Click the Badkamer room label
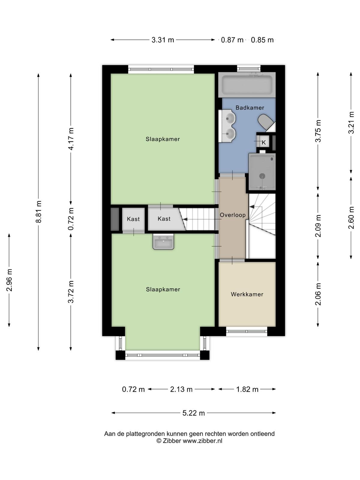point(250,108)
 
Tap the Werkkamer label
point(247,294)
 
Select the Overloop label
point(232,215)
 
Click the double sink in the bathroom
point(227,126)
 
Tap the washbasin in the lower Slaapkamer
point(163,241)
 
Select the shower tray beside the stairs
point(262,171)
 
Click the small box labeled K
point(264,142)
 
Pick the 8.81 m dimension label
point(38,211)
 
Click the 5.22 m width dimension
point(194,413)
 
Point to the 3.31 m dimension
point(163,40)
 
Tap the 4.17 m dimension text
point(71,139)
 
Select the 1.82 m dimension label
point(247,389)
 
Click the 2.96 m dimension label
point(9,280)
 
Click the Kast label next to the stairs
point(164,219)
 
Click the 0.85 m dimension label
point(262,40)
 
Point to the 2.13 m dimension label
point(181,389)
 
